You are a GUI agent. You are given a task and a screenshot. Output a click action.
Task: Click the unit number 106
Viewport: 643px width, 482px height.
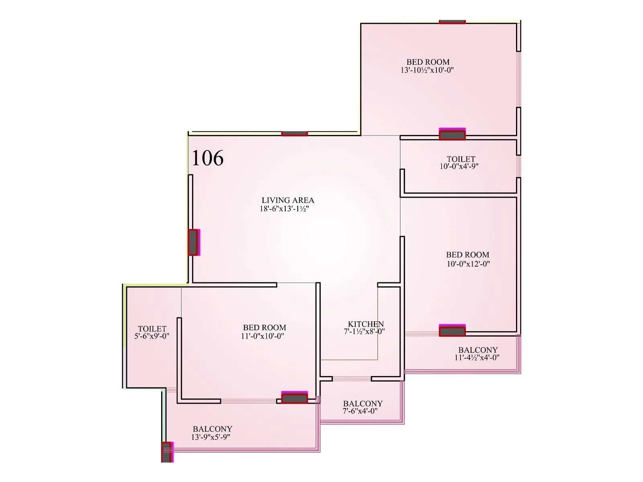pyautogui.click(x=207, y=158)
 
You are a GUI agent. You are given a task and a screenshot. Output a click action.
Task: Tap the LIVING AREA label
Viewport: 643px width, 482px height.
pyautogui.click(x=288, y=200)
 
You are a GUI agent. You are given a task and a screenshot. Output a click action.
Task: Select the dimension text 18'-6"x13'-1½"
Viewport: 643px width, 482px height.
pyautogui.click(x=284, y=209)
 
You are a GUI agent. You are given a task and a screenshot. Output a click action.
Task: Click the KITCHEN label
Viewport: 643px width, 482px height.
pyautogui.click(x=366, y=324)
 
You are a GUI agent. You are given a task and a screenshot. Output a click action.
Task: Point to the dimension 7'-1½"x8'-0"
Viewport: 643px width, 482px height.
pyautogui.click(x=364, y=332)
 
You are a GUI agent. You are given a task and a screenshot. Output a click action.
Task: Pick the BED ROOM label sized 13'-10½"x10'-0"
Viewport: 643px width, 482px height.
pyautogui.click(x=428, y=62)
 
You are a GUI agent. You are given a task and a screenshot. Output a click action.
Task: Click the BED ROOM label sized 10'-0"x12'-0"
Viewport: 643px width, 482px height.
pyautogui.click(x=467, y=255)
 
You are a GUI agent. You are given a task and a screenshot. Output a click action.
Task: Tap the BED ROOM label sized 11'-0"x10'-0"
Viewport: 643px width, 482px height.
pyautogui.click(x=264, y=327)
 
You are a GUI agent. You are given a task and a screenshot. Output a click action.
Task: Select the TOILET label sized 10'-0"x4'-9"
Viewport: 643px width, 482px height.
pyautogui.click(x=461, y=159)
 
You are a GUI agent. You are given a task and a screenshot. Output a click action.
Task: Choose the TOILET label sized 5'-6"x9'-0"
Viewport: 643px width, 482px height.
pyautogui.click(x=152, y=329)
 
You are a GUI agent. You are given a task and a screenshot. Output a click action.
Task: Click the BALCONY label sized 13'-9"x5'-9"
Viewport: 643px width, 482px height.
pyautogui.click(x=212, y=429)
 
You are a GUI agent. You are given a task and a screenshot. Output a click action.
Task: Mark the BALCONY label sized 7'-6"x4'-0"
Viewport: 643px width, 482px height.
pyautogui.click(x=362, y=404)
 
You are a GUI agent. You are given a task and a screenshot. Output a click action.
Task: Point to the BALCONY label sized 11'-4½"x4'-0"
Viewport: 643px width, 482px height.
pyautogui.click(x=478, y=350)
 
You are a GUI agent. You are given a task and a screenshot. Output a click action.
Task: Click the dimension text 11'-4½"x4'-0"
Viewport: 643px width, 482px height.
pyautogui.click(x=477, y=357)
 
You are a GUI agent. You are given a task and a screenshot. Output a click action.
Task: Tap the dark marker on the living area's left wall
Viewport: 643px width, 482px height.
pyautogui.click(x=193, y=242)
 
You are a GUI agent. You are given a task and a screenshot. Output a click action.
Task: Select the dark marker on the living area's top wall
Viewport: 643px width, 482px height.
pyautogui.click(x=294, y=133)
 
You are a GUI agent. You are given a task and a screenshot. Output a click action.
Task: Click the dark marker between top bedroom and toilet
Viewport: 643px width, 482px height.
pyautogui.click(x=452, y=135)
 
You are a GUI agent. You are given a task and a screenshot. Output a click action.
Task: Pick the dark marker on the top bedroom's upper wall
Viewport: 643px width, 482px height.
pyautogui.click(x=452, y=22)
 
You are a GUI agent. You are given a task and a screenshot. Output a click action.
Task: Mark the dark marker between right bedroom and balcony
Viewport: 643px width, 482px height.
pyautogui.click(x=452, y=331)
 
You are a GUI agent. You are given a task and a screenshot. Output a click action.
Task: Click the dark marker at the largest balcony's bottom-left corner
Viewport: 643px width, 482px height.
pyautogui.click(x=166, y=452)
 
